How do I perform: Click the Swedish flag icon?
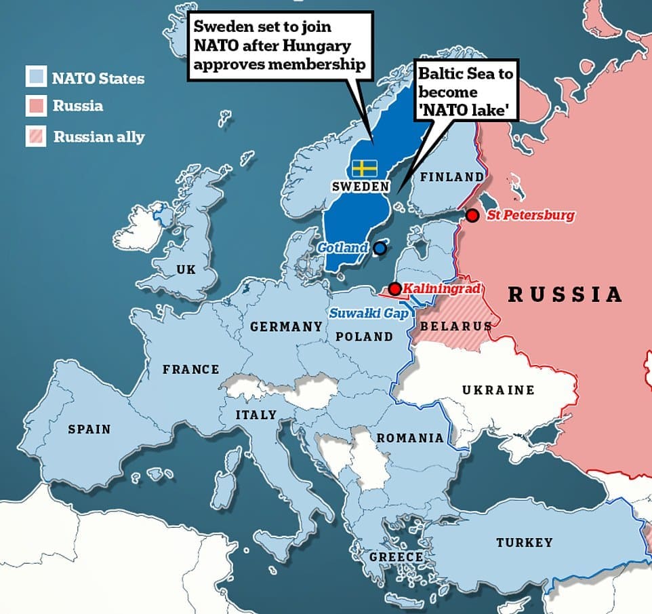[x=365, y=168]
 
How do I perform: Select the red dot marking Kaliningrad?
[x=394, y=289]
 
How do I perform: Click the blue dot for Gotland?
[x=380, y=248]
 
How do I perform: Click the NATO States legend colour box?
[x=36, y=77]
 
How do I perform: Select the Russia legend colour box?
[x=36, y=107]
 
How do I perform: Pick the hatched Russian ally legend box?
[x=36, y=136]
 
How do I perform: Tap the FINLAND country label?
[x=452, y=177]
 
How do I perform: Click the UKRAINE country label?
[x=497, y=390]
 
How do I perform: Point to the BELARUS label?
[x=455, y=326]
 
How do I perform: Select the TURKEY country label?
[x=524, y=543]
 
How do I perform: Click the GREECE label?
[x=396, y=557]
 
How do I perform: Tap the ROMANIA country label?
[x=410, y=438]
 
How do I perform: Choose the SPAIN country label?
[x=89, y=429]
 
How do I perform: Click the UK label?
[x=186, y=270]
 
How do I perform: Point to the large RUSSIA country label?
[x=565, y=294]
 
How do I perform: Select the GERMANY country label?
[x=286, y=327]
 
